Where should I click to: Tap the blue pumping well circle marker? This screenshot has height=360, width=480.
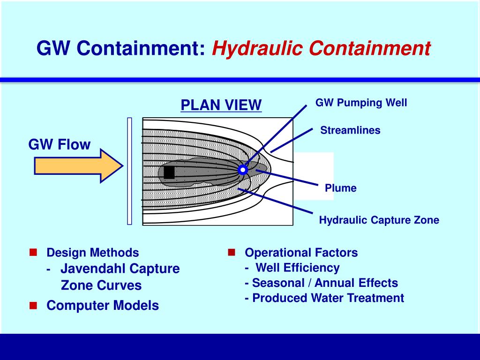(242, 170)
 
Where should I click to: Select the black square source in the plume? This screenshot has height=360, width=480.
(169, 172)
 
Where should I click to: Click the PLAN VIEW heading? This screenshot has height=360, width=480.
(221, 105)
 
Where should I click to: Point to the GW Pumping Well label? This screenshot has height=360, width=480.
(361, 103)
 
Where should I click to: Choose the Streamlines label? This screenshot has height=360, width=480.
(350, 130)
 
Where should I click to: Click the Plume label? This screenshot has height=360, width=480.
(341, 188)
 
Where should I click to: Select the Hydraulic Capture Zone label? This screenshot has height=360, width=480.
(379, 220)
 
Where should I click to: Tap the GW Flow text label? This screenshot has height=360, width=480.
(60, 144)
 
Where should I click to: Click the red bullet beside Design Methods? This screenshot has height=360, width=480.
(33, 253)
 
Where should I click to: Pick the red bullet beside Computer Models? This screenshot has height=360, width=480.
(33, 306)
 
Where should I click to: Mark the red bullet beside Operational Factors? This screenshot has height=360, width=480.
(232, 253)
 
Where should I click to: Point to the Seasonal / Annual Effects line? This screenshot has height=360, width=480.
(321, 283)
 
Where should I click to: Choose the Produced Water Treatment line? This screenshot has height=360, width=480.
(324, 298)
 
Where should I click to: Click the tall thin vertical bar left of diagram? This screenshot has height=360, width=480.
(130, 171)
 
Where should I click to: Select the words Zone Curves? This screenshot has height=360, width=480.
(101, 285)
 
